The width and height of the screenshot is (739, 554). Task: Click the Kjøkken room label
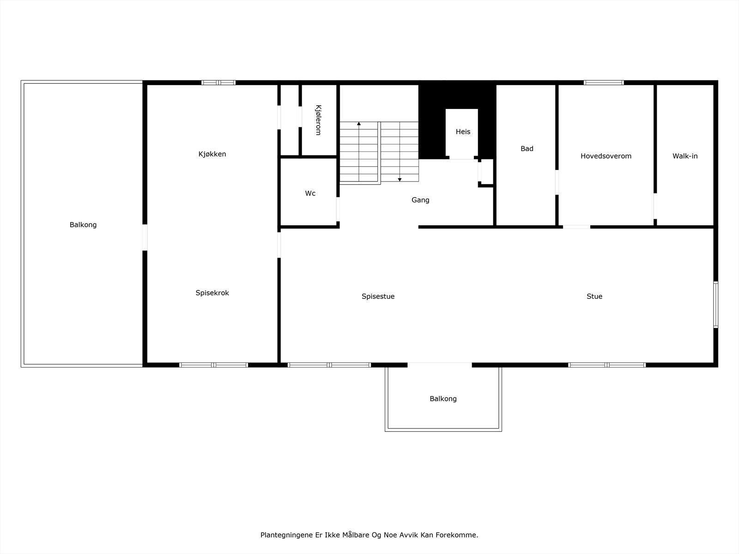(x=212, y=154)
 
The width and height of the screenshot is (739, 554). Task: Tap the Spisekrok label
(x=212, y=293)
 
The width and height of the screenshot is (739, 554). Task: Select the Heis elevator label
(x=463, y=132)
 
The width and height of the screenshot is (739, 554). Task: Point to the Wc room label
(x=310, y=193)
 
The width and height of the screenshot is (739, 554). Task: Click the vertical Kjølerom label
(x=318, y=120)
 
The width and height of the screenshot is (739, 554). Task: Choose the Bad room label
(x=527, y=149)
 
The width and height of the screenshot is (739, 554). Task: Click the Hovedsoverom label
(x=606, y=156)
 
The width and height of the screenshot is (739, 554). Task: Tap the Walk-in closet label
(x=684, y=156)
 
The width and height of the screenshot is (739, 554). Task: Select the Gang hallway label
(x=420, y=200)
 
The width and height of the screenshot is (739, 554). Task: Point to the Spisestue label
(x=378, y=296)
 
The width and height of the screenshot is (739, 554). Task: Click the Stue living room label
(x=594, y=296)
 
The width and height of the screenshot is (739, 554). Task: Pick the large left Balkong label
(x=83, y=225)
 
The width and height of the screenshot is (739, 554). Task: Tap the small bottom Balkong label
(x=443, y=399)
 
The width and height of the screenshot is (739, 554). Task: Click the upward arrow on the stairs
(x=359, y=124)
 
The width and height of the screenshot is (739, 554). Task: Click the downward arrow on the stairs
(x=400, y=179)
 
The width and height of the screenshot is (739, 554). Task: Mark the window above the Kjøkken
(x=218, y=83)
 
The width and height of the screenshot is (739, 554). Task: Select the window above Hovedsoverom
(x=603, y=83)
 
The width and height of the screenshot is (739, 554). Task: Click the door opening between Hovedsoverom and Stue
(x=576, y=227)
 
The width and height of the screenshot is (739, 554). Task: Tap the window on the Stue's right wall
(x=715, y=305)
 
